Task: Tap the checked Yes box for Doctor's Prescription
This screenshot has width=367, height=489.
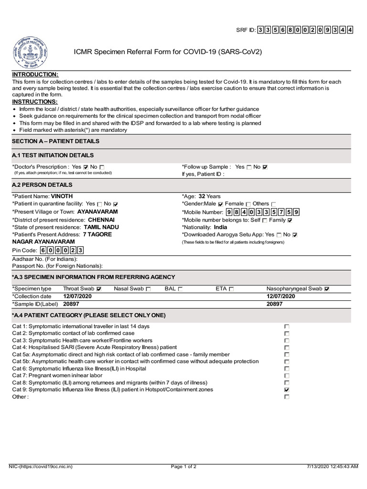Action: [86, 167]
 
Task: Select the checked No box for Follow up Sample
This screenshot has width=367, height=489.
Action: [265, 167]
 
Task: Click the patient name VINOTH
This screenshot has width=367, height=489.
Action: [62, 196]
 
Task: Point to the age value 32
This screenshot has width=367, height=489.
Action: [202, 196]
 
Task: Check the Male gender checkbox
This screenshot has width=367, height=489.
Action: [220, 204]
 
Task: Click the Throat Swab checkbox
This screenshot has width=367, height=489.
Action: [99, 289]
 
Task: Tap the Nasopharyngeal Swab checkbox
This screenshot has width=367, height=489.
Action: [327, 289]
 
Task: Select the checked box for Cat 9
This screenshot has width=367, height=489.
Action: [287, 390]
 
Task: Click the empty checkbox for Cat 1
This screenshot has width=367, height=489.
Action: [287, 327]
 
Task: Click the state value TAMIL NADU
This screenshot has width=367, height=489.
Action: [101, 227]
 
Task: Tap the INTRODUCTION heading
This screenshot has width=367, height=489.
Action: [35, 75]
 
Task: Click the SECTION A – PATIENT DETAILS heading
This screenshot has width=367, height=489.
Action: [56, 141]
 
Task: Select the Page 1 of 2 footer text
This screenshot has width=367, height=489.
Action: [183, 467]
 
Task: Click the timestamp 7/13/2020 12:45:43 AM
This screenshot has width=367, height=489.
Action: [332, 467]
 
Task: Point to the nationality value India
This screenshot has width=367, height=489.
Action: [220, 227]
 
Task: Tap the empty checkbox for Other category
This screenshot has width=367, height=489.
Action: [287, 397]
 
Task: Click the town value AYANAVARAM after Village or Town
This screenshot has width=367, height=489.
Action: [97, 212]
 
